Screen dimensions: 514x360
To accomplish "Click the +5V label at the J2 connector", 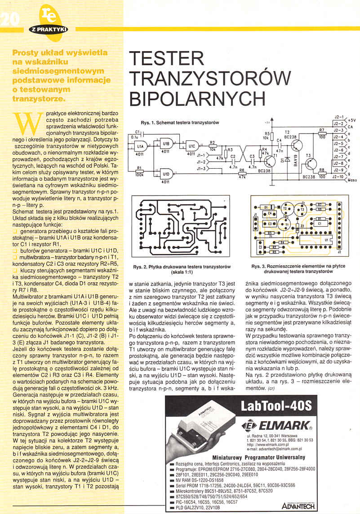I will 351,120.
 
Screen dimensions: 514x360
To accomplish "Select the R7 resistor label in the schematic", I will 321,130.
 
